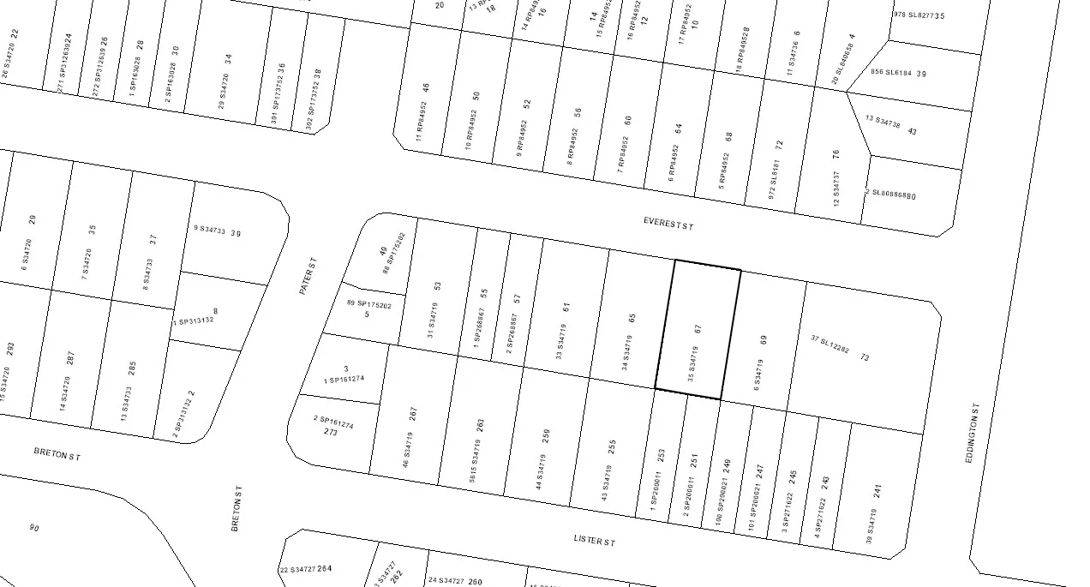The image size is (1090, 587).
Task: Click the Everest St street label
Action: tap(668, 224)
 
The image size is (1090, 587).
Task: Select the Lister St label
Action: tap(595, 541)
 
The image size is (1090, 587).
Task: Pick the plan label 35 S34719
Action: tap(692, 363)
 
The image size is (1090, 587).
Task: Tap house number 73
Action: tap(865, 356)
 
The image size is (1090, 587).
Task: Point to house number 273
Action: tap(331, 433)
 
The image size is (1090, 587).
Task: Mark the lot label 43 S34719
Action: tap(605, 483)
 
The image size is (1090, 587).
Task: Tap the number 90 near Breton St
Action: tap(34, 528)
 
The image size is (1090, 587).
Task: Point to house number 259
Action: tap(547, 436)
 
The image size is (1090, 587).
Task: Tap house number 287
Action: tap(69, 358)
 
